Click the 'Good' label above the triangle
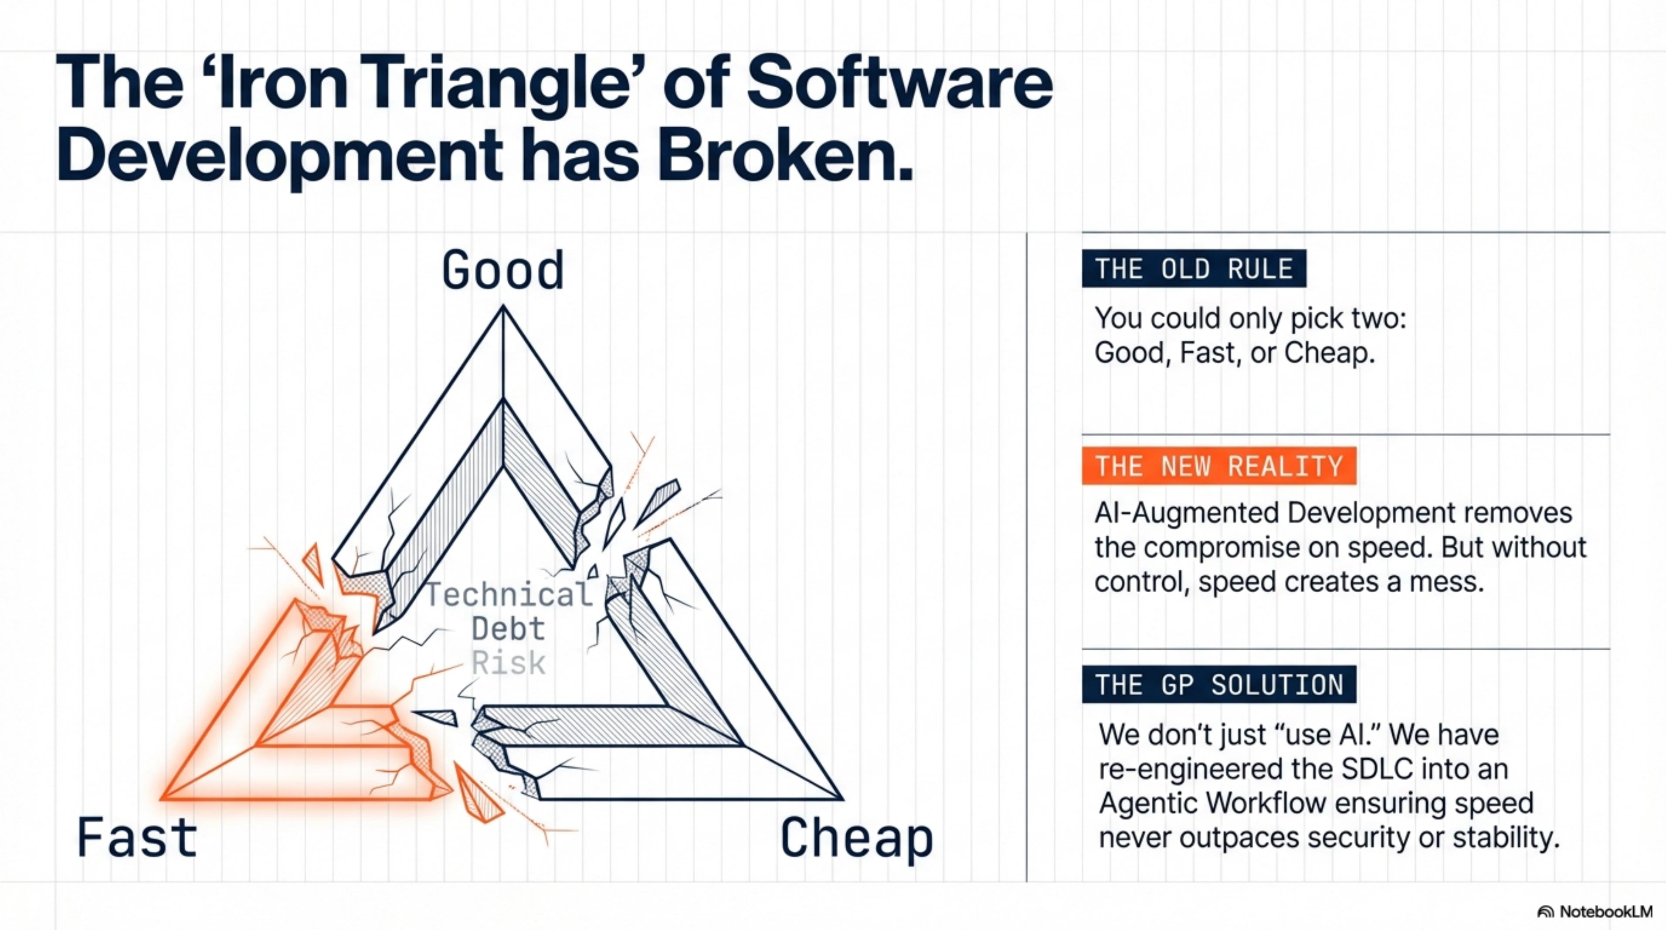click(503, 270)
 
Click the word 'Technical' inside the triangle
click(509, 594)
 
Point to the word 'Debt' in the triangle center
click(508, 628)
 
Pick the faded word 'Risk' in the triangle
click(508, 663)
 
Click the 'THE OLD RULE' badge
click(1194, 268)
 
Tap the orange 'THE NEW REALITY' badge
click(1219, 465)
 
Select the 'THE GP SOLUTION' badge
click(1219, 684)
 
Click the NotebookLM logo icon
click(1546, 912)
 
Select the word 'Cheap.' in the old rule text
click(1329, 353)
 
